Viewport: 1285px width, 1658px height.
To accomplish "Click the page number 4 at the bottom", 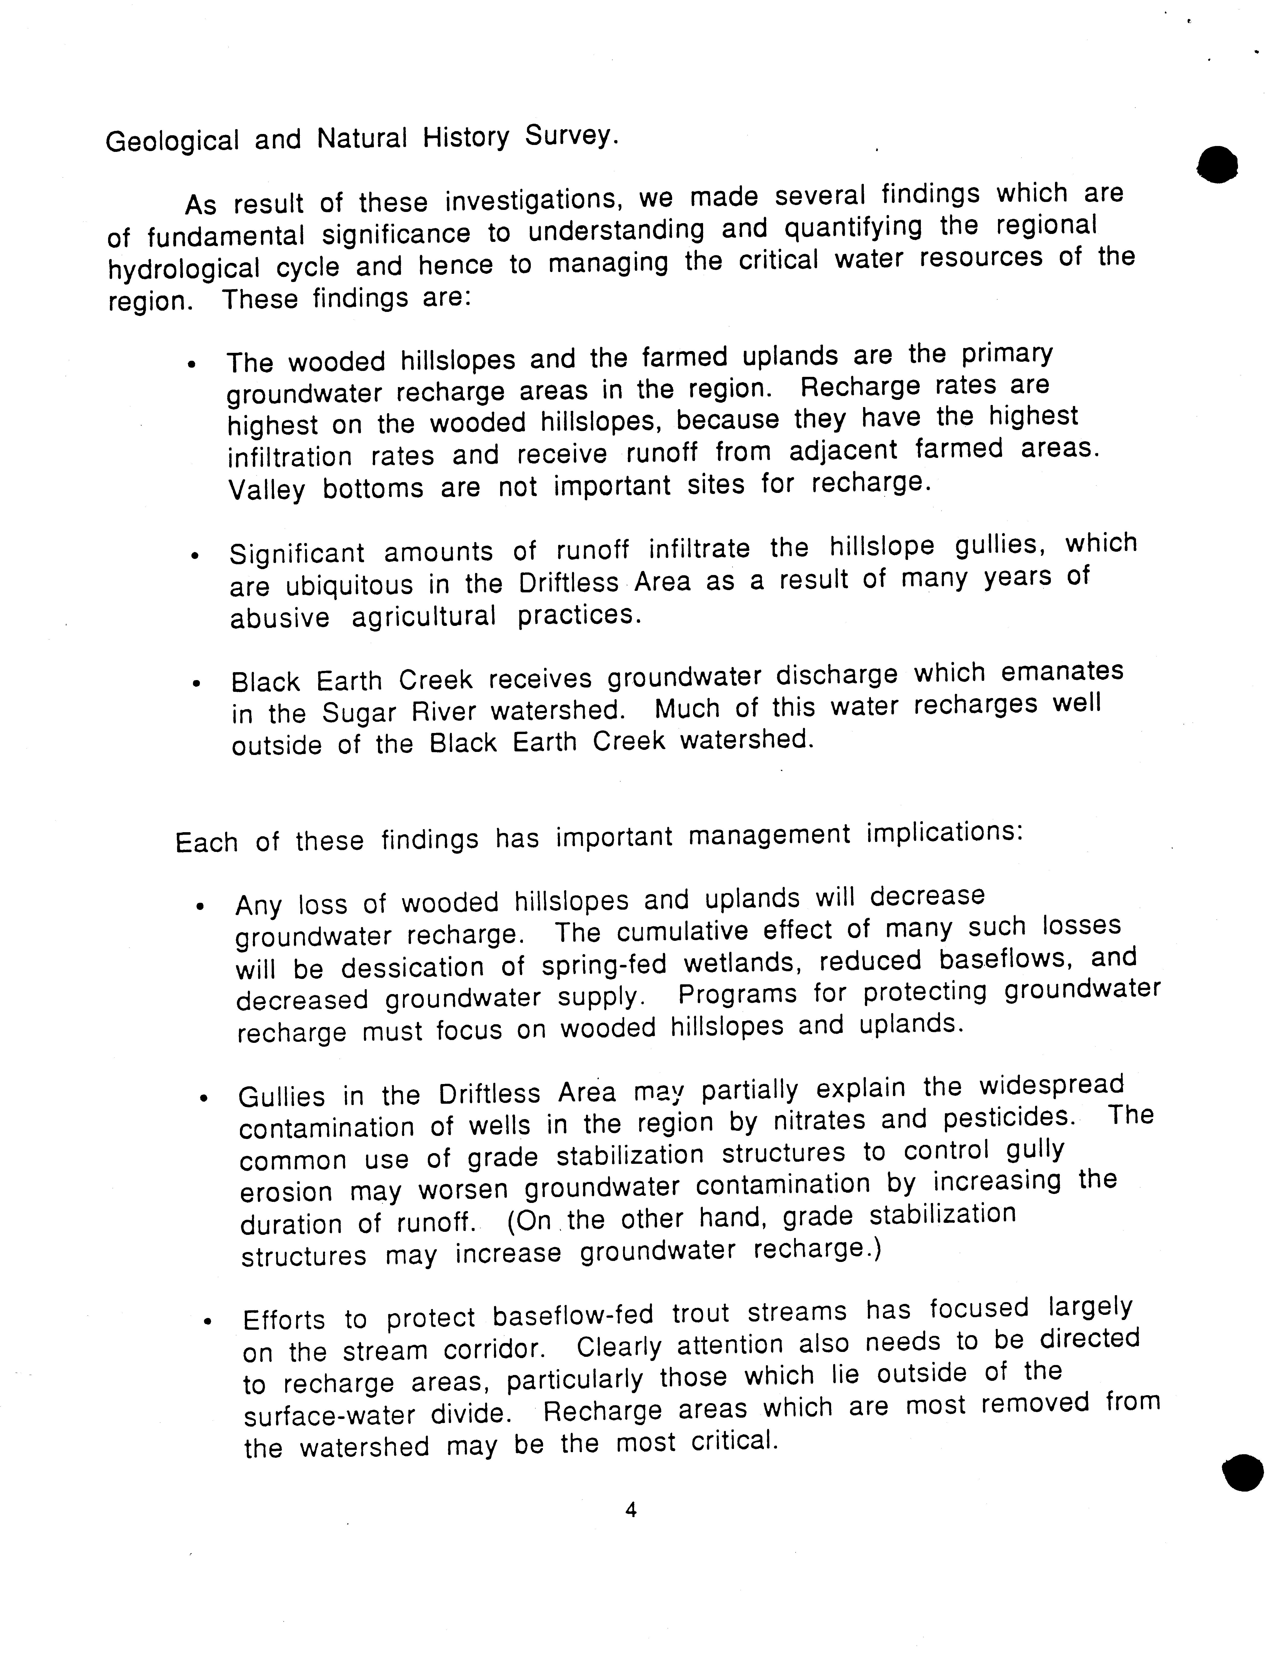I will pyautogui.click(x=630, y=1511).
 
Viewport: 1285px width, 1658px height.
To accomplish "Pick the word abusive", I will pyautogui.click(x=279, y=617).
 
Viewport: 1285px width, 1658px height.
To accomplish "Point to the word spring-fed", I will pyautogui.click(x=603, y=964).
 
